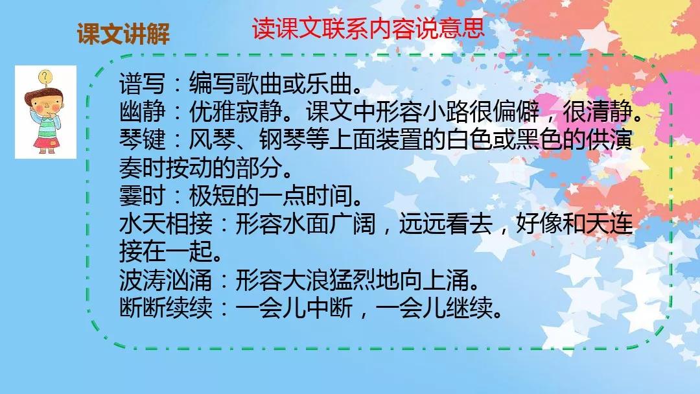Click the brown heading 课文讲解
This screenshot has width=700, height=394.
point(123,34)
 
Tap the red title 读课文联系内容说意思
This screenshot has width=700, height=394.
point(368,29)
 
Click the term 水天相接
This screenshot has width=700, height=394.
point(166,223)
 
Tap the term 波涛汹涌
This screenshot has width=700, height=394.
point(166,279)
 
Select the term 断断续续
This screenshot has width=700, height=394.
point(166,307)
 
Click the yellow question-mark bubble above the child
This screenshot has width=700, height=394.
point(45,76)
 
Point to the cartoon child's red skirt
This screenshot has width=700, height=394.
point(45,143)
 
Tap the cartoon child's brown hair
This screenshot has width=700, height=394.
point(43,96)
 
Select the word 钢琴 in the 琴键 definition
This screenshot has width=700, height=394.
point(282,139)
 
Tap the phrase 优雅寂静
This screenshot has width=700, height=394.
point(236,111)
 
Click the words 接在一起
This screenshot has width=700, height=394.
point(166,251)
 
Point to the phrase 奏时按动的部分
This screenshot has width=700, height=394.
point(201,167)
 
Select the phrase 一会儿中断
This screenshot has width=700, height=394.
point(294,307)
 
